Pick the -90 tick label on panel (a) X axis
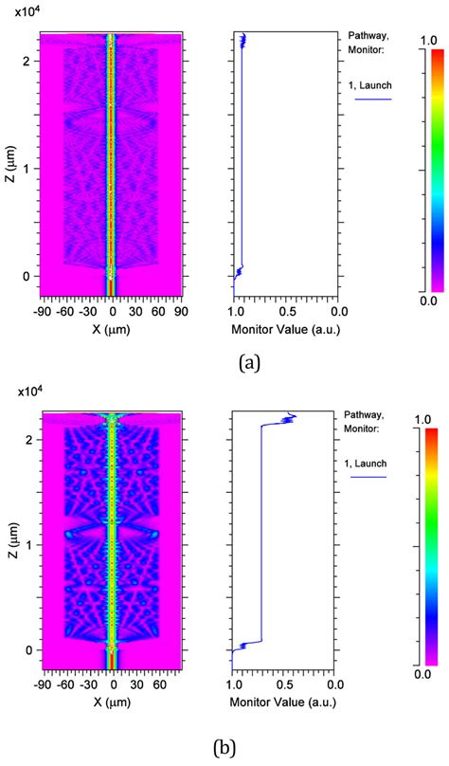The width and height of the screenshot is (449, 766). click(43, 311)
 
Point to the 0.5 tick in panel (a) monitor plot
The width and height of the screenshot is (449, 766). click(286, 311)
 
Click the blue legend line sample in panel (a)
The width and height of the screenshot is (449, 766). click(373, 99)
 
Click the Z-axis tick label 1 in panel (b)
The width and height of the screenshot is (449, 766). click(32, 546)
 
